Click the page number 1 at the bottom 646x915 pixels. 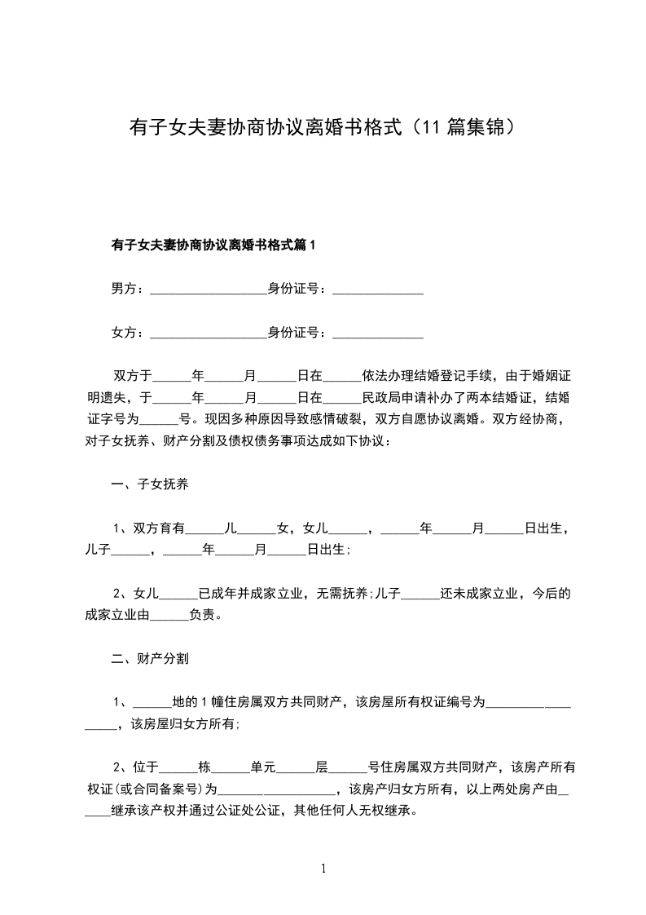pos(323,869)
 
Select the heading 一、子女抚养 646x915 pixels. pos(150,485)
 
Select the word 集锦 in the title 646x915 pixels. pos(487,127)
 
